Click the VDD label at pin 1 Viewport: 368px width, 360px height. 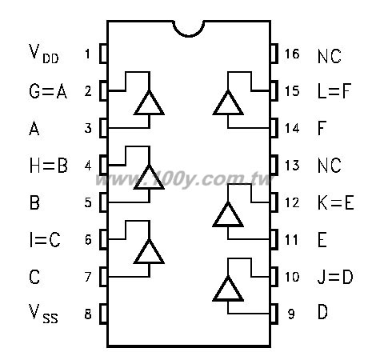pos(43,54)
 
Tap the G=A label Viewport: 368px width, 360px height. pos(48,91)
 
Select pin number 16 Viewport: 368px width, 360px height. pos(292,54)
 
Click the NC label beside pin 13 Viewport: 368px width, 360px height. pos(330,166)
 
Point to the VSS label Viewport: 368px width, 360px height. pos(43,314)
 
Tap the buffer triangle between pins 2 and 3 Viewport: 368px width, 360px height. pos(149,103)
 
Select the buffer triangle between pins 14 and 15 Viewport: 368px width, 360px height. pos(228,103)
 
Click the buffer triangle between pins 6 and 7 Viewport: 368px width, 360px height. pos(149,252)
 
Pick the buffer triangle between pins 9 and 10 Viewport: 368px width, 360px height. pos(228,289)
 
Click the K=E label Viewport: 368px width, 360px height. pos(336,202)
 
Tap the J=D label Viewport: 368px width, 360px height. pos(335,277)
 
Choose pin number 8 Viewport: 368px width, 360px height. pos(88,314)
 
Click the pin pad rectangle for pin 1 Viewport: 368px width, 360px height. pos(103,54)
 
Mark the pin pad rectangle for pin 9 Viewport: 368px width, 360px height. pos(274,314)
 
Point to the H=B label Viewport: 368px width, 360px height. pos(49,166)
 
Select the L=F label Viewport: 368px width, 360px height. pos(334,91)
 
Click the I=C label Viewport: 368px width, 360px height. pos(45,239)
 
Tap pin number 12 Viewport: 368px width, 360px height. pos(292,202)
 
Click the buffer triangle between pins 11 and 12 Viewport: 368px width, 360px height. pos(228,214)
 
